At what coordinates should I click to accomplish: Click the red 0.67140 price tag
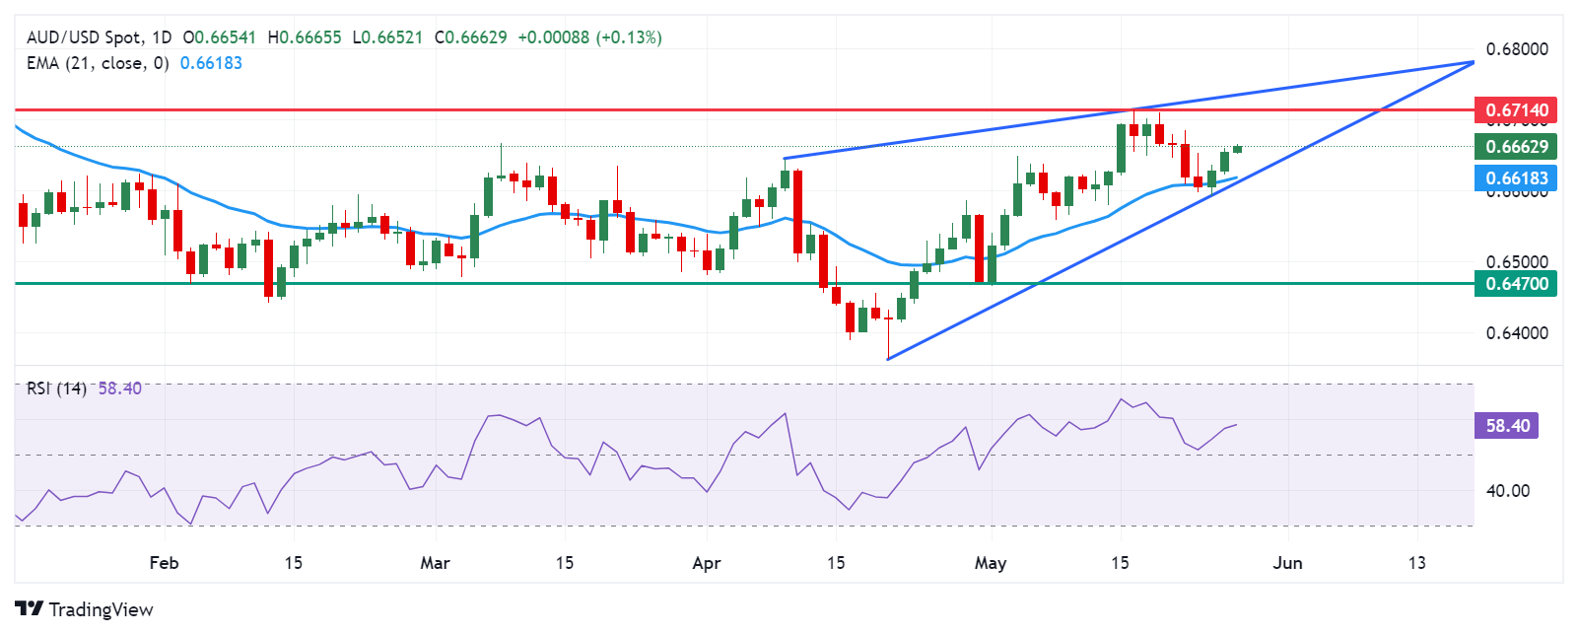(1516, 110)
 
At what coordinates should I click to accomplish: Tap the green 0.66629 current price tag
(1516, 147)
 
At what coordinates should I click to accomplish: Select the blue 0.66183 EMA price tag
(1516, 178)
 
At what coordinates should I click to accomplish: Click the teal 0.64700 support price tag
(1516, 284)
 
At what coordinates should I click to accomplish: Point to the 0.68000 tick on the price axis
(1516, 49)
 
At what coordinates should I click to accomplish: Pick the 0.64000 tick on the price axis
(1516, 333)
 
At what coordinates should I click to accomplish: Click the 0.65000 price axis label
(1516, 262)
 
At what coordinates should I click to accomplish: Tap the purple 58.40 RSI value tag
(1507, 426)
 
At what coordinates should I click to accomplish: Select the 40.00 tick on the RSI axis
(1507, 491)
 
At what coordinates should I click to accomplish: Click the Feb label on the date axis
(164, 563)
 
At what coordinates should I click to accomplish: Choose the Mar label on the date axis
(435, 563)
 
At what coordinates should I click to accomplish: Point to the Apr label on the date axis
(707, 563)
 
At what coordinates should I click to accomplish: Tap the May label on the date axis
(991, 563)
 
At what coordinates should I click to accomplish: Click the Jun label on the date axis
(1287, 563)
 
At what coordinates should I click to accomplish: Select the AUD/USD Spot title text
(85, 37)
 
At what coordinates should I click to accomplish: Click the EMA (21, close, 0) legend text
(98, 63)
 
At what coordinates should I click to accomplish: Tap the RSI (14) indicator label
(56, 388)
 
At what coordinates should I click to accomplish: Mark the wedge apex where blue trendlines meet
(1473, 62)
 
